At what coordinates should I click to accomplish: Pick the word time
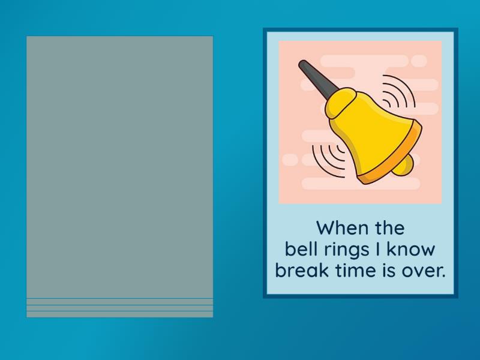point(349,270)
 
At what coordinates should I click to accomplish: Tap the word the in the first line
point(388,228)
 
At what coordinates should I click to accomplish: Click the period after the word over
point(443,275)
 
